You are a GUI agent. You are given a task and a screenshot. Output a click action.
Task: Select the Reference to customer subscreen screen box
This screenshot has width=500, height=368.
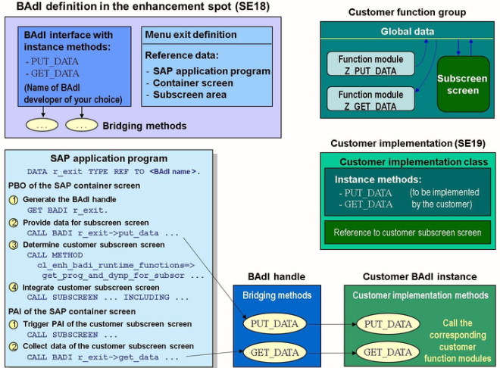407,232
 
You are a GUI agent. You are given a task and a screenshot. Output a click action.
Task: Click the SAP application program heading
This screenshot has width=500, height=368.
109,158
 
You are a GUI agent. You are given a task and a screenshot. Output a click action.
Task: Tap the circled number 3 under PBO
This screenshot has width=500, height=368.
14,245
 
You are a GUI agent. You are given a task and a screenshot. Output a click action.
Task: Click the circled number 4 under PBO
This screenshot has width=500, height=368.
14,288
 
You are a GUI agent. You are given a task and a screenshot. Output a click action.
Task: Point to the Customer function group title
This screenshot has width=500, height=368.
407,12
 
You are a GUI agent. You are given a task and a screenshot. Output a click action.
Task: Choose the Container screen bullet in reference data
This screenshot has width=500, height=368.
191,83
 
